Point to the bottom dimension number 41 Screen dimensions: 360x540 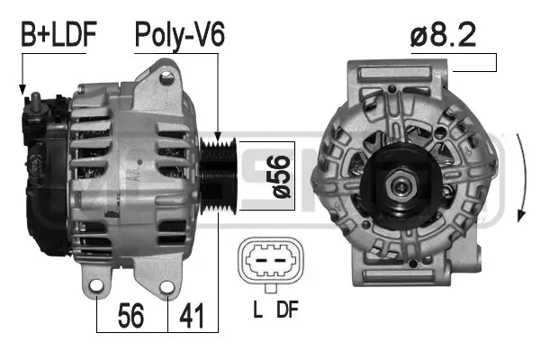pos(192,316)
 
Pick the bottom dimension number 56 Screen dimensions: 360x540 pos(132,316)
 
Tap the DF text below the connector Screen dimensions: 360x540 pos(287,311)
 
